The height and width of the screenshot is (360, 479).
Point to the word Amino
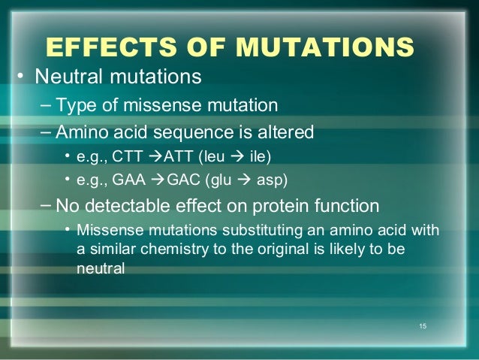(x=82, y=132)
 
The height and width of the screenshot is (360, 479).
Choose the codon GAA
(x=129, y=180)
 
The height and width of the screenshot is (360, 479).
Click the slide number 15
(x=423, y=326)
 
